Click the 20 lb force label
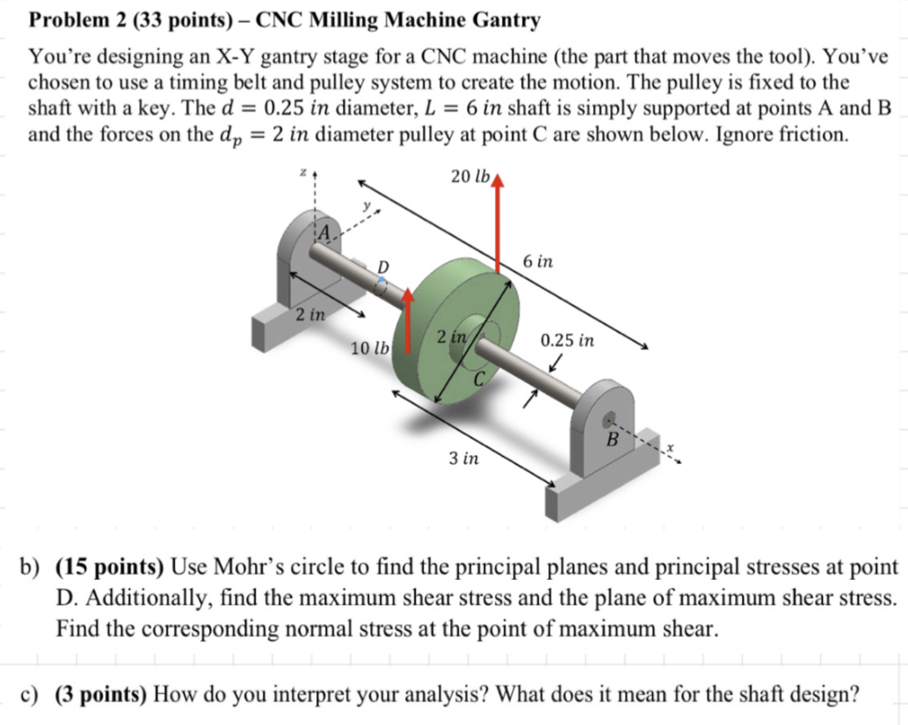469,176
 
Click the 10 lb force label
370,348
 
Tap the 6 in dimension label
537,262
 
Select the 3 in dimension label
463,459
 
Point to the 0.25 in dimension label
567,340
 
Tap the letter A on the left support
324,232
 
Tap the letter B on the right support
614,437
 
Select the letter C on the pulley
479,380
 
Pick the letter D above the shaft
382,265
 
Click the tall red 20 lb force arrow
498,228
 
